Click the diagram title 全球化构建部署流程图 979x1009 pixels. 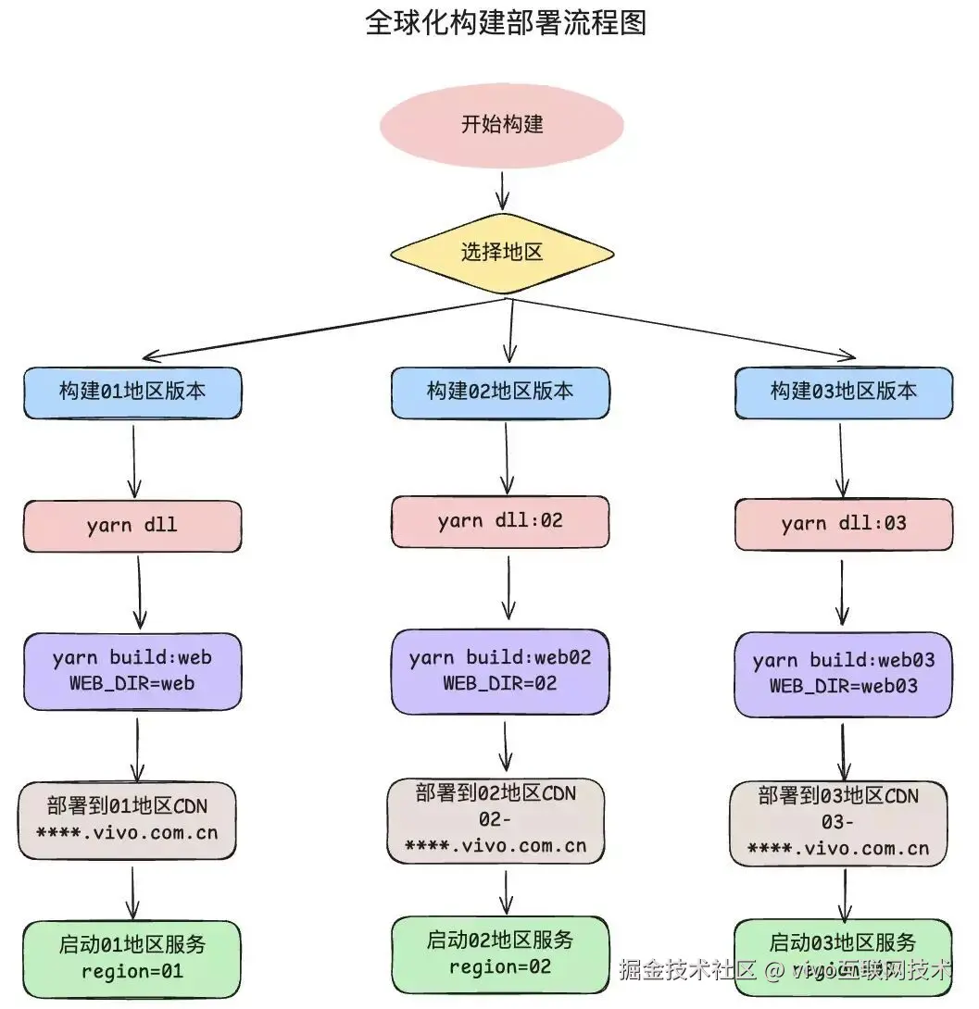coord(505,23)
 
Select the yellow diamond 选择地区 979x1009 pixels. coord(502,252)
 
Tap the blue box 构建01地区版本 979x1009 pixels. coord(132,392)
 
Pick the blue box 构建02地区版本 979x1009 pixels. coord(500,392)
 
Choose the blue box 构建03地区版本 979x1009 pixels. coord(843,392)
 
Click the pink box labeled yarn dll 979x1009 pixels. coord(132,526)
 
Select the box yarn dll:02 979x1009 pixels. coord(500,521)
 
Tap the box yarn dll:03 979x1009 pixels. coord(843,524)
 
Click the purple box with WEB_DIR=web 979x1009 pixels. coord(132,671)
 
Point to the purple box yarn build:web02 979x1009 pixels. coord(500,671)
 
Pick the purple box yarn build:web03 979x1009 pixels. coord(843,674)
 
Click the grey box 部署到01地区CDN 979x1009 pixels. coord(127,820)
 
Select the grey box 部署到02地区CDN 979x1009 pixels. coord(496,820)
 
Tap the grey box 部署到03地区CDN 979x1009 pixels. coord(838,823)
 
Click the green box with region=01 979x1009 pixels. coord(132,958)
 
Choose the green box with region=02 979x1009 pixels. coord(500,954)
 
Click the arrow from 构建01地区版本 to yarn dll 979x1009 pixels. coord(134,460)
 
